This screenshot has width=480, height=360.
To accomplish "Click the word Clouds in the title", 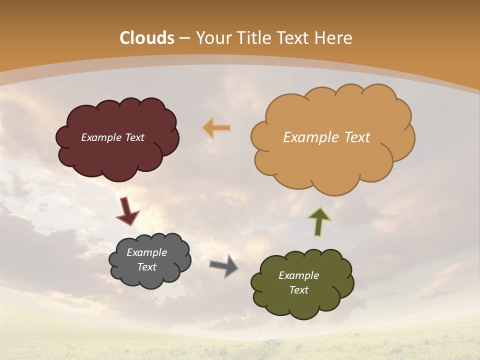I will click(x=147, y=38).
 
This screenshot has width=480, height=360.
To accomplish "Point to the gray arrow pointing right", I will click(x=224, y=266).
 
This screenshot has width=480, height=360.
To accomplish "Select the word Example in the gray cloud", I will click(x=146, y=252).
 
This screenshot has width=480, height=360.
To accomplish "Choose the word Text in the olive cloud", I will click(x=298, y=290).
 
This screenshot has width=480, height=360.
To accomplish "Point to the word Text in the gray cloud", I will click(x=146, y=267).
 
